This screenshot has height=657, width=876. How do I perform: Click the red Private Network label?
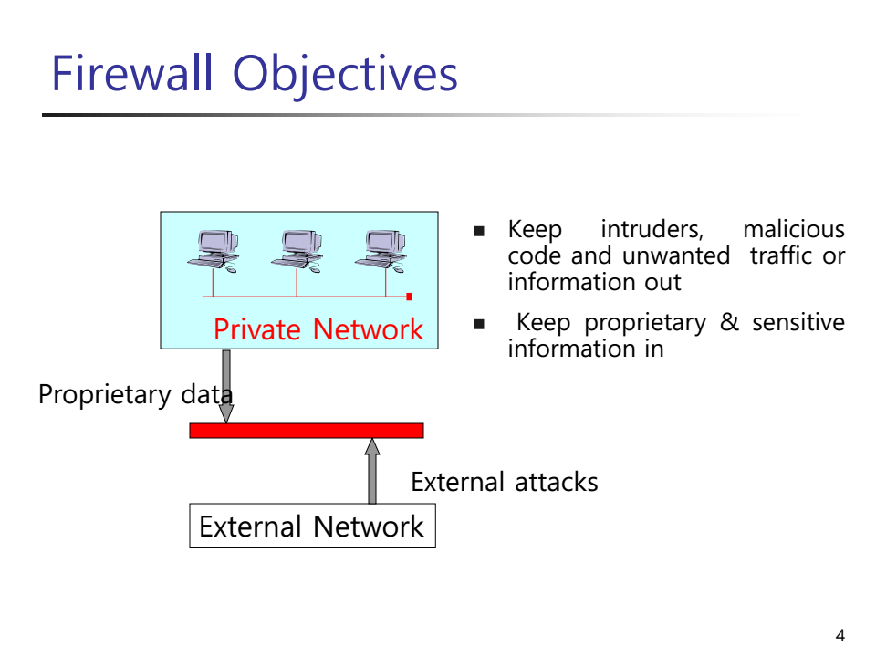(x=318, y=329)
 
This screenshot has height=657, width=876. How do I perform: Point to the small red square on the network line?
(x=409, y=297)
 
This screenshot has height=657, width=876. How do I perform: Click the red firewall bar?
(x=307, y=431)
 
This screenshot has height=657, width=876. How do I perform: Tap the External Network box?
(x=312, y=527)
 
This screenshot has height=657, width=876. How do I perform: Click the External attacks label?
(x=505, y=482)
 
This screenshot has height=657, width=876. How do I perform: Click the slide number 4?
(x=839, y=635)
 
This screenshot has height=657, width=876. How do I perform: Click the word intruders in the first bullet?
(x=652, y=230)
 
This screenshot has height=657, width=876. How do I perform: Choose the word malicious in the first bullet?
(x=794, y=230)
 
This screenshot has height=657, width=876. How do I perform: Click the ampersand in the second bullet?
(x=729, y=323)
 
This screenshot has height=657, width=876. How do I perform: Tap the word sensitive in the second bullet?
(x=798, y=323)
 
